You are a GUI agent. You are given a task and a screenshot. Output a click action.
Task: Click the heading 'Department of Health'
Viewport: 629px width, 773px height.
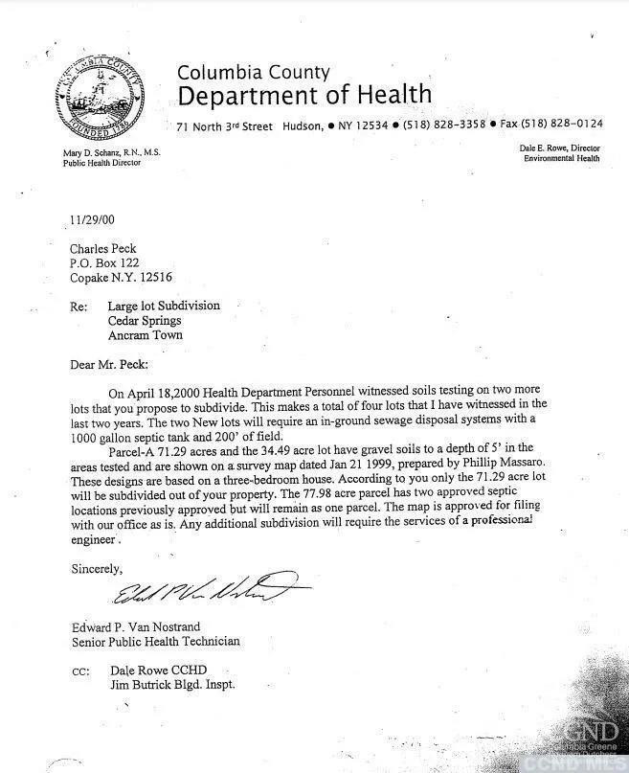point(304,95)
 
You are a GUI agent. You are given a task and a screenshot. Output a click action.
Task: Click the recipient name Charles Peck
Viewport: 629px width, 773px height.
point(101,249)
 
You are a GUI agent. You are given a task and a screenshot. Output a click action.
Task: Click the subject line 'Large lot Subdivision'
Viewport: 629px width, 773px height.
point(164,306)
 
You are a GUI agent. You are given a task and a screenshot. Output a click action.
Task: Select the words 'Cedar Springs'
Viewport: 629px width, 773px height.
point(145,321)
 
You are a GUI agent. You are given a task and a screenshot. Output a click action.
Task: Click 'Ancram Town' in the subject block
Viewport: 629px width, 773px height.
point(143,335)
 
